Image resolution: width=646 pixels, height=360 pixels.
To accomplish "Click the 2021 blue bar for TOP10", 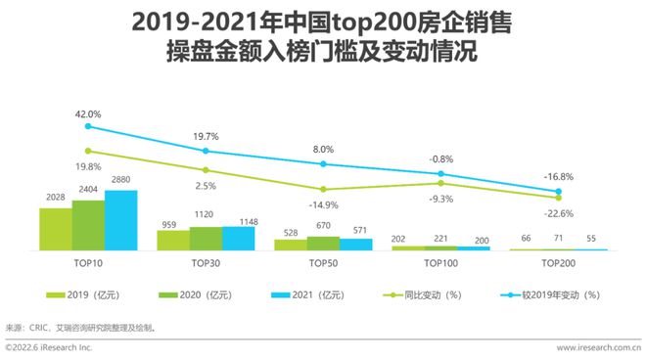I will point(120,220).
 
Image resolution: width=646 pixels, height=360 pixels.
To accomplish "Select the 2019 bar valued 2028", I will point(55,229).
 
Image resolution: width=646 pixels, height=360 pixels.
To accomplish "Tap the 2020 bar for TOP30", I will point(206,239).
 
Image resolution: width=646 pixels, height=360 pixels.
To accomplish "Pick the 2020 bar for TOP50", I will point(323,244).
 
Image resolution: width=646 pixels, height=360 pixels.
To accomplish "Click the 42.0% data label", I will point(88,113).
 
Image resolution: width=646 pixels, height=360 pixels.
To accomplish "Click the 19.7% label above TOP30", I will point(206,138).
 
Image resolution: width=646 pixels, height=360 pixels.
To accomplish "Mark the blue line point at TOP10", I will point(88,126).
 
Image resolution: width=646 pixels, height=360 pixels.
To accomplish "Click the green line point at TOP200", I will point(559,198).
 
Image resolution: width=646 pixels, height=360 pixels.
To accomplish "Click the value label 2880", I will point(120,182).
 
